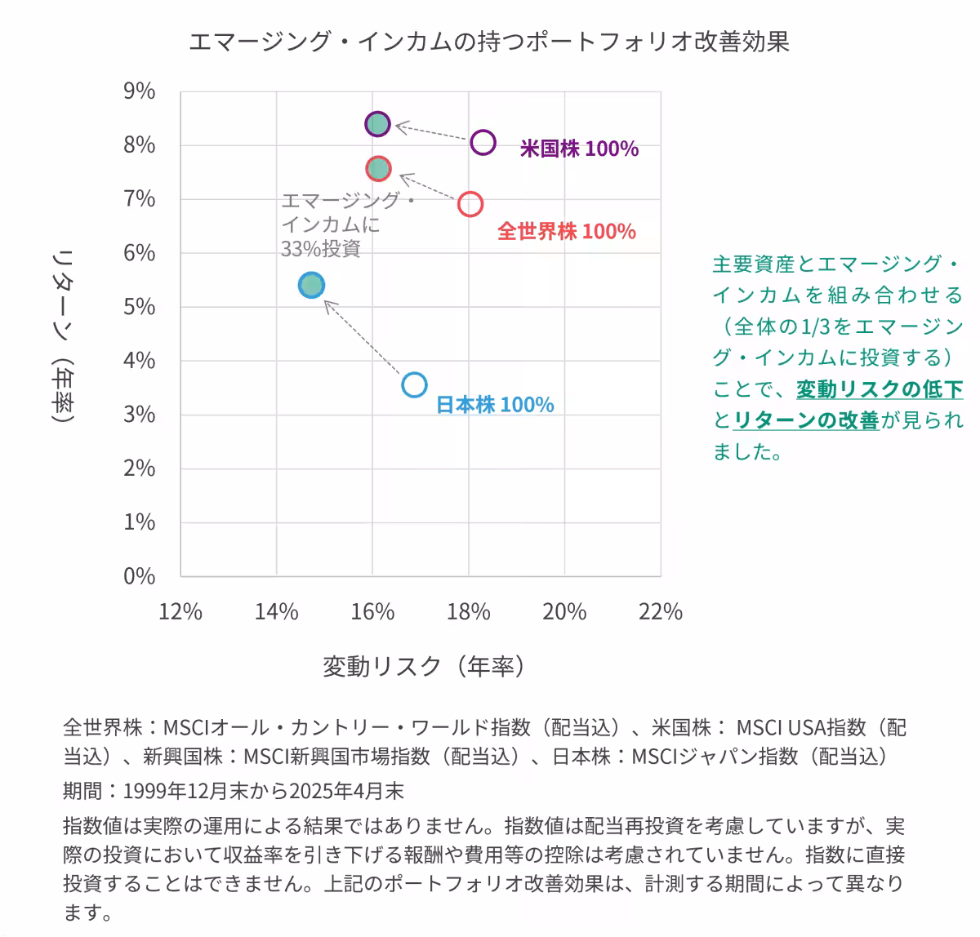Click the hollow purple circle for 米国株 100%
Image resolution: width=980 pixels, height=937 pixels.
[x=483, y=142]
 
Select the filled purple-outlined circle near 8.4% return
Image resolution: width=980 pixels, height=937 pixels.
[x=377, y=124]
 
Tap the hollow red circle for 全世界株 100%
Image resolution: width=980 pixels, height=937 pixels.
[x=470, y=203]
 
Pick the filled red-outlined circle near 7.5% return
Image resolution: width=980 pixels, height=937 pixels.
[x=378, y=169]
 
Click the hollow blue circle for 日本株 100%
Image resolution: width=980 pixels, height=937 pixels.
[x=415, y=384]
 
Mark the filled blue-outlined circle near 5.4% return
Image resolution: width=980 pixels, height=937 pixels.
[x=311, y=285]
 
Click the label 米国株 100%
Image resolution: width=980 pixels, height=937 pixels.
[x=579, y=149]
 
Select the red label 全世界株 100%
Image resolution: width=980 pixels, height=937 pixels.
[x=566, y=232]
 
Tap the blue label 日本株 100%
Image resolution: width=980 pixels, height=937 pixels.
[x=495, y=405]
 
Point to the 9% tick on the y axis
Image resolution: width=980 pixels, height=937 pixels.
[x=140, y=91]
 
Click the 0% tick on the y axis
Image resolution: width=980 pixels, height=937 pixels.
[x=140, y=576]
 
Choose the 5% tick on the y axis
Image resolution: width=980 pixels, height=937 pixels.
[x=140, y=307]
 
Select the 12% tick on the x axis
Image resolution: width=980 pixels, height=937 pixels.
[x=180, y=611]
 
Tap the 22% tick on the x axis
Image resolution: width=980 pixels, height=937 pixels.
[x=660, y=611]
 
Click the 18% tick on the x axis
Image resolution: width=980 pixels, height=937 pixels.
[x=468, y=611]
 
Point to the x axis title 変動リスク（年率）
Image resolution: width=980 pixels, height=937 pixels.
[x=424, y=667]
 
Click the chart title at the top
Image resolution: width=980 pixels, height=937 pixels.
[x=488, y=42]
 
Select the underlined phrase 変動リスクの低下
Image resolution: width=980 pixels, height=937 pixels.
[x=880, y=389]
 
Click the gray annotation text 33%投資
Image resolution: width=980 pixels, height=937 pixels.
[x=320, y=249]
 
